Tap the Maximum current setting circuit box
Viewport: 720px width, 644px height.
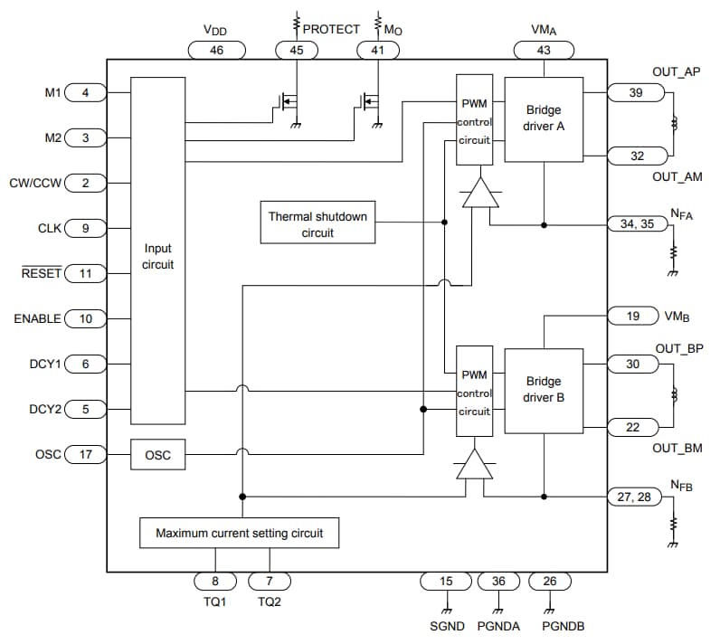[x=240, y=533]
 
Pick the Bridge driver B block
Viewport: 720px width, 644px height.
[x=544, y=389]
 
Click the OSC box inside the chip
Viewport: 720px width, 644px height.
[x=157, y=455]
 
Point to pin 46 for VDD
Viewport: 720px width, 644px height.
[x=216, y=51]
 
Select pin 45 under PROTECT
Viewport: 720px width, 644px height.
[x=297, y=51]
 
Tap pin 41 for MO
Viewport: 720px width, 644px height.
[x=377, y=51]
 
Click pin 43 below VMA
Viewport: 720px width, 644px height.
[x=544, y=51]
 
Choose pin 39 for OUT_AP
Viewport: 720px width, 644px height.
[x=635, y=92]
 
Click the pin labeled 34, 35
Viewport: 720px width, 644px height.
[x=635, y=223]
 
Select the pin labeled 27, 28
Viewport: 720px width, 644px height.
[x=635, y=496]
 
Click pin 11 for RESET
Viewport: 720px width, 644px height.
[x=86, y=273]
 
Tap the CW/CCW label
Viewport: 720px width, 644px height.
[x=35, y=183]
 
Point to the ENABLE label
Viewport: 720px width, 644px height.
[x=37, y=318]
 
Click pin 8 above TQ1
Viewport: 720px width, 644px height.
[x=216, y=582]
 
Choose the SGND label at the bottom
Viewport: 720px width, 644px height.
[x=446, y=626]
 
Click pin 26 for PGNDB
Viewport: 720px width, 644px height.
[x=550, y=582]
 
